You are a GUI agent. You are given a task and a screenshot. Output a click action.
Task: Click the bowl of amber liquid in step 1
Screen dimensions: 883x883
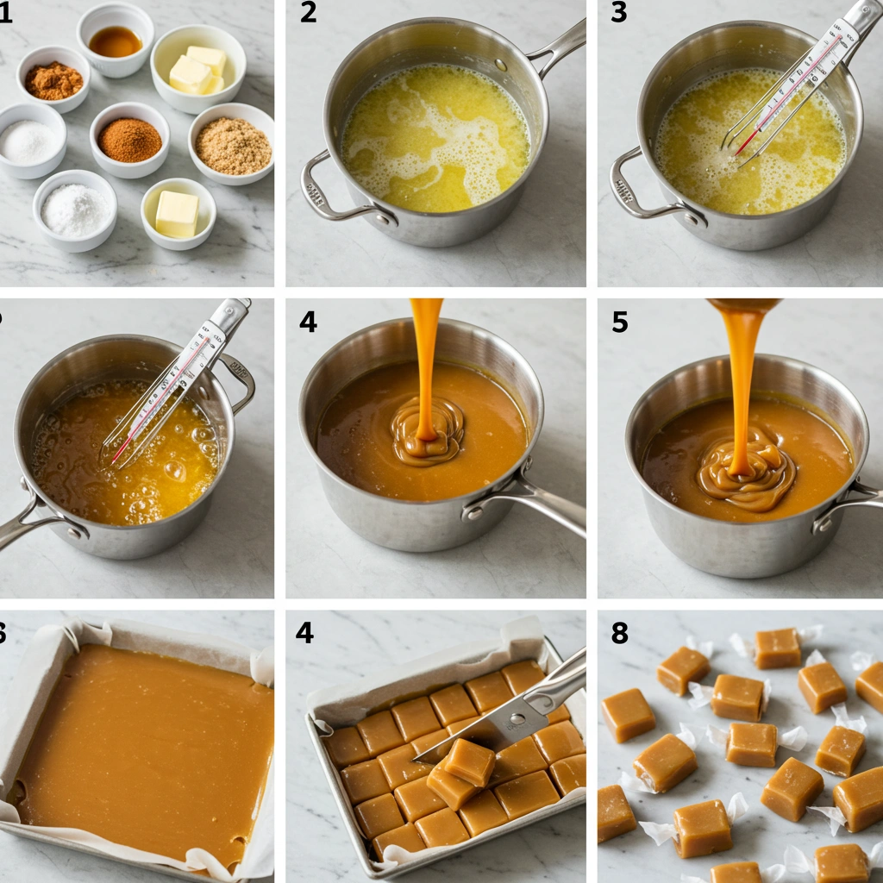tap(115, 41)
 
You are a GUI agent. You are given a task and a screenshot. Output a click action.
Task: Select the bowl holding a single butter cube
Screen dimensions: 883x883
tap(178, 214)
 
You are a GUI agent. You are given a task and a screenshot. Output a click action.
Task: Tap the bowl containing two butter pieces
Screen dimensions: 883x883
tap(197, 70)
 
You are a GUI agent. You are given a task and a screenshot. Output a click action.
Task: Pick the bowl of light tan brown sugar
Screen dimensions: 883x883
tap(232, 145)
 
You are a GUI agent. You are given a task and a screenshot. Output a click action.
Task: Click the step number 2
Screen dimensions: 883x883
tap(308, 14)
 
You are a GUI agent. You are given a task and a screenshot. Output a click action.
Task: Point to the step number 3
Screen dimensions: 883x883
tap(618, 14)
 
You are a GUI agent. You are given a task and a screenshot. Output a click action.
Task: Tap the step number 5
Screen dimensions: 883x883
tap(619, 323)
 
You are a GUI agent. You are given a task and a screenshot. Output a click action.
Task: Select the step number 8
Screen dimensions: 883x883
tap(619, 633)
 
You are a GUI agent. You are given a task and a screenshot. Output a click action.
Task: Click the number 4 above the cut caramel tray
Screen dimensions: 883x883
tap(304, 632)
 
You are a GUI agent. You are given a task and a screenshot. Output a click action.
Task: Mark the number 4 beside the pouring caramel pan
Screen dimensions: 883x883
tap(308, 323)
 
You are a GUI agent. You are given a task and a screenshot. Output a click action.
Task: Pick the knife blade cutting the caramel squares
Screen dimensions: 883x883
tap(500, 719)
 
